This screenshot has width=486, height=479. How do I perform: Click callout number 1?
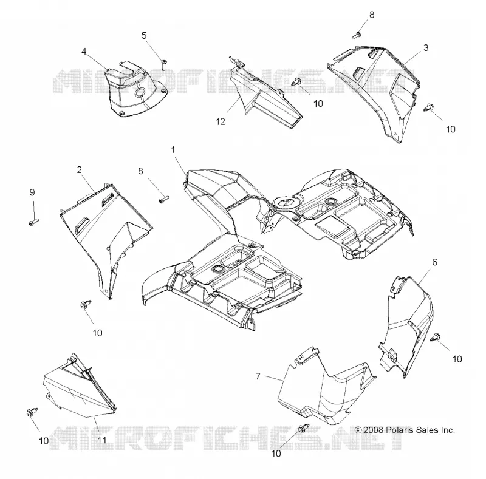(173, 150)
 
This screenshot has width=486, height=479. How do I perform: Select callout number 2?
(80, 170)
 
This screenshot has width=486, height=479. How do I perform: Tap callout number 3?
(426, 48)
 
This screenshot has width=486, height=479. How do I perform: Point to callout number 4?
(84, 52)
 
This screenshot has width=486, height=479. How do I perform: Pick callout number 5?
(144, 36)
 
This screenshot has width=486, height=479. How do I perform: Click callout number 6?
(434, 262)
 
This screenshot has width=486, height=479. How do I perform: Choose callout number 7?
(258, 376)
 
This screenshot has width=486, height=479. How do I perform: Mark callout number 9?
(32, 192)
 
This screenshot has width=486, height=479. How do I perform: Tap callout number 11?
(102, 440)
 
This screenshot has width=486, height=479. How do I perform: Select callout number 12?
(221, 122)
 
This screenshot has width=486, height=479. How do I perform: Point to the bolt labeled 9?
(34, 222)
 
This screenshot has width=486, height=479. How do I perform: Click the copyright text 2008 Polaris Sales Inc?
(405, 430)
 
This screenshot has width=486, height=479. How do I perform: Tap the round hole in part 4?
(140, 92)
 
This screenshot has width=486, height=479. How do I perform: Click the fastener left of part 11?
(32, 412)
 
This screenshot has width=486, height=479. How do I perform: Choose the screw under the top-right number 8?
(357, 35)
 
